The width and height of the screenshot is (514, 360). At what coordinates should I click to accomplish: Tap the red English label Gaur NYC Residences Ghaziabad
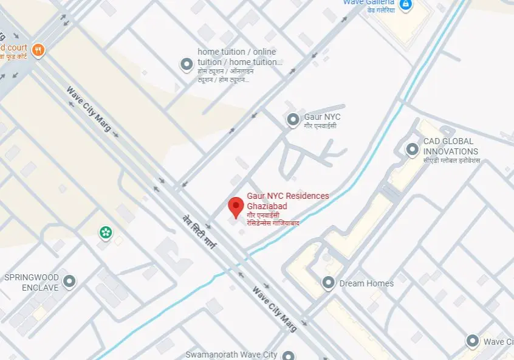click(287, 201)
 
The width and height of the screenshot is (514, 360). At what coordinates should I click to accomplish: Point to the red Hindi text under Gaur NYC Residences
click(273, 219)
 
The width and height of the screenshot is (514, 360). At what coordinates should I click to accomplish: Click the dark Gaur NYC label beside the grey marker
click(323, 117)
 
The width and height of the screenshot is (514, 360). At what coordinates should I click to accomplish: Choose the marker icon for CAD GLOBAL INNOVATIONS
click(413, 148)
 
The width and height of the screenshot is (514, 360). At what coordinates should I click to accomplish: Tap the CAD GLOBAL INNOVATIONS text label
click(451, 147)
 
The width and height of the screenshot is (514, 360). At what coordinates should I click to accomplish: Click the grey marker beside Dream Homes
click(329, 283)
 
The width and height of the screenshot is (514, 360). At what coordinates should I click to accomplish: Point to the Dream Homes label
click(366, 283)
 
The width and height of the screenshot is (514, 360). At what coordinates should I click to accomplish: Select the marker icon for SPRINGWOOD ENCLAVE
click(70, 282)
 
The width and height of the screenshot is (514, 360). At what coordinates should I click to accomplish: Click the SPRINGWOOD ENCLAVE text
click(32, 282)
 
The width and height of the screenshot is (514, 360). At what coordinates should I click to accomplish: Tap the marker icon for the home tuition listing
click(187, 64)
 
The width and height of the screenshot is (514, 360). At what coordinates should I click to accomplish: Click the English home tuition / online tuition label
click(240, 57)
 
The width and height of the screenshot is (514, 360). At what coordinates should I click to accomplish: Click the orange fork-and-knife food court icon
click(38, 50)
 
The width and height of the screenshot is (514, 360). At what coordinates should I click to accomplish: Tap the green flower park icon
click(106, 232)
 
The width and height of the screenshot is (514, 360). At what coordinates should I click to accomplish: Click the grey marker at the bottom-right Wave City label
click(473, 341)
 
